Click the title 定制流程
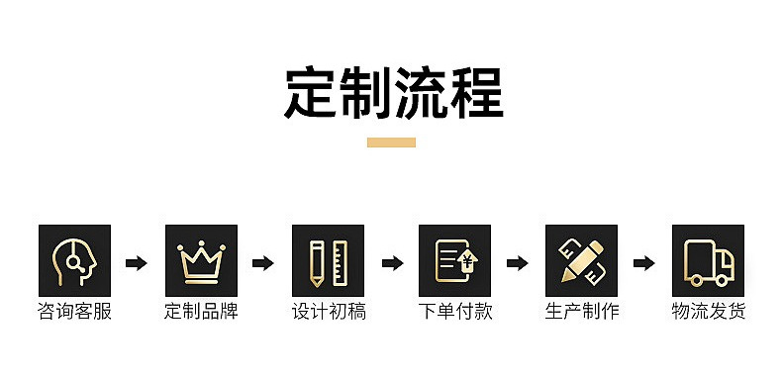click(x=394, y=93)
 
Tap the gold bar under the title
click(x=392, y=143)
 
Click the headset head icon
click(x=75, y=261)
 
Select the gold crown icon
click(x=202, y=261)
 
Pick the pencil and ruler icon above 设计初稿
click(x=329, y=261)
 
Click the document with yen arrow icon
click(x=454, y=261)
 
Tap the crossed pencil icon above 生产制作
click(x=581, y=261)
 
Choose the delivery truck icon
click(x=708, y=261)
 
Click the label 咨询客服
click(x=75, y=311)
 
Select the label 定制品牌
click(x=202, y=311)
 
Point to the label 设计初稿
click(x=329, y=311)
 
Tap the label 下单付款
click(x=455, y=311)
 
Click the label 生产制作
click(x=582, y=311)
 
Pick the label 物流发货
click(x=709, y=311)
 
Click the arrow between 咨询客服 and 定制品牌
click(x=137, y=263)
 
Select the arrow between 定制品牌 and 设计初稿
click(x=263, y=263)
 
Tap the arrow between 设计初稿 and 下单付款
click(x=393, y=263)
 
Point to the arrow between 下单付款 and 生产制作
click(x=517, y=263)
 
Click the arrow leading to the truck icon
click(x=643, y=263)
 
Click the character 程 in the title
click(x=477, y=93)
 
